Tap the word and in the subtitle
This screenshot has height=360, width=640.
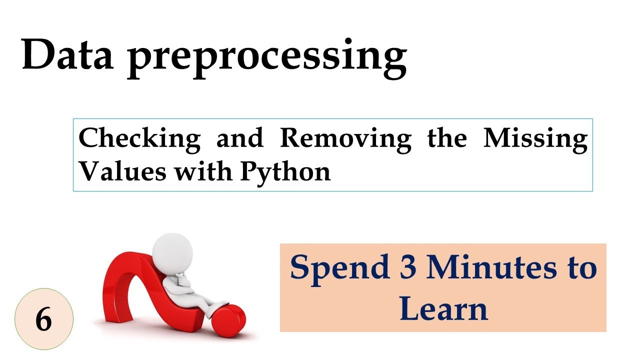click(x=239, y=138)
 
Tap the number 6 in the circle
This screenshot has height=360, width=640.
click(x=44, y=319)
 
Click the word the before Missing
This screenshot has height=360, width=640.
click(x=447, y=138)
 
